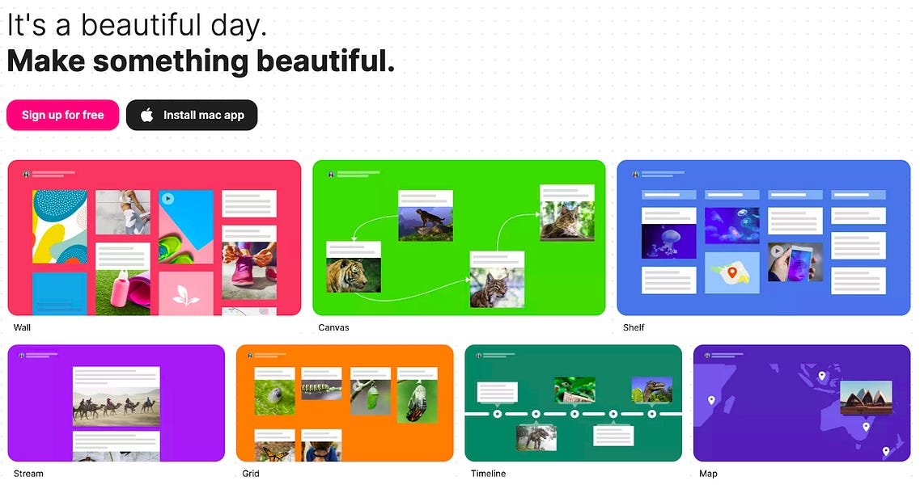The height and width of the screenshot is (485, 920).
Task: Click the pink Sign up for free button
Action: pos(62,115)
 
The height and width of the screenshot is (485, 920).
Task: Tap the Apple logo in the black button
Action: pos(146,115)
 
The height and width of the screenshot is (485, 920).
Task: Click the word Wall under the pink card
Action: pos(22,327)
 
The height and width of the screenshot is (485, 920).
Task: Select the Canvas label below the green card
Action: pos(333,327)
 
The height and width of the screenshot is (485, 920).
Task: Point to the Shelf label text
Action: pos(634,327)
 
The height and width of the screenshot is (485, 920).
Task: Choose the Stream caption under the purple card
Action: pos(28,473)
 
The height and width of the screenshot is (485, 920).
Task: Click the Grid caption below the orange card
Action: pos(250,473)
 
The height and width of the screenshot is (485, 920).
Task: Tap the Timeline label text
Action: pos(488,473)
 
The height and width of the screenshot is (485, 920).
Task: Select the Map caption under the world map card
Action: pos(708,473)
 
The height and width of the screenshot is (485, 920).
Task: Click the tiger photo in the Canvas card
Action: pos(353,275)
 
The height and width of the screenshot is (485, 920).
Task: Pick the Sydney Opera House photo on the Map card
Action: pos(866,398)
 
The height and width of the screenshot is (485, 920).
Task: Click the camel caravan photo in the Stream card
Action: pos(116,403)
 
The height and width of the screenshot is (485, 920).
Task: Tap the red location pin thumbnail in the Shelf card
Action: pos(731,272)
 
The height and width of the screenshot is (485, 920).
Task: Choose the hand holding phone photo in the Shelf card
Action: pos(795,261)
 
